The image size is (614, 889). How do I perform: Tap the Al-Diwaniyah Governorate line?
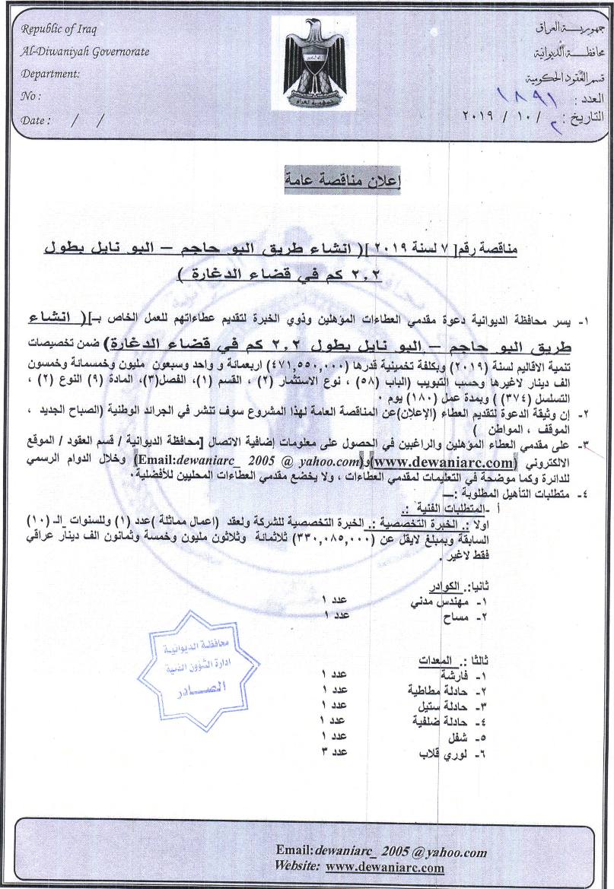pyautogui.click(x=85, y=52)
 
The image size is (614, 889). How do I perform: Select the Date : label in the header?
pyautogui.click(x=37, y=120)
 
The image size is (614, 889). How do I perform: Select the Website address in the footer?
pyautogui.click(x=384, y=867)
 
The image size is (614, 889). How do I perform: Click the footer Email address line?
pyautogui.click(x=381, y=852)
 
